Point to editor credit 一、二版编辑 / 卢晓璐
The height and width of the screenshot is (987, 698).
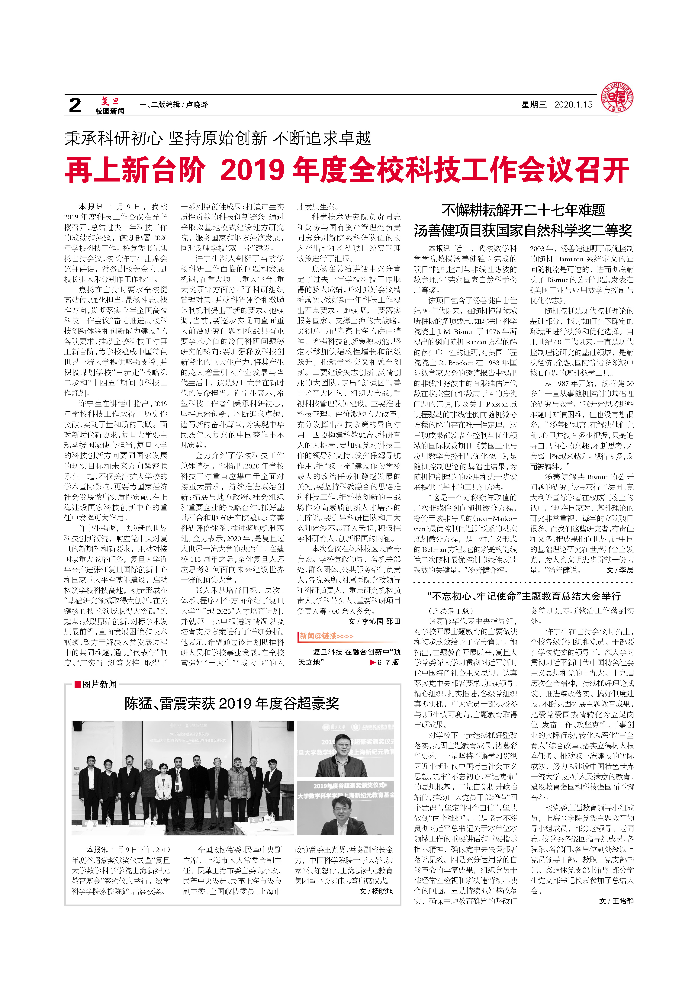pos(174,104)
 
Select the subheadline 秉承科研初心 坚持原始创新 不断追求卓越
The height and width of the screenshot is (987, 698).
pos(217,138)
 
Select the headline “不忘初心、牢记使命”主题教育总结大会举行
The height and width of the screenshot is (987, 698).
pos(523,596)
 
